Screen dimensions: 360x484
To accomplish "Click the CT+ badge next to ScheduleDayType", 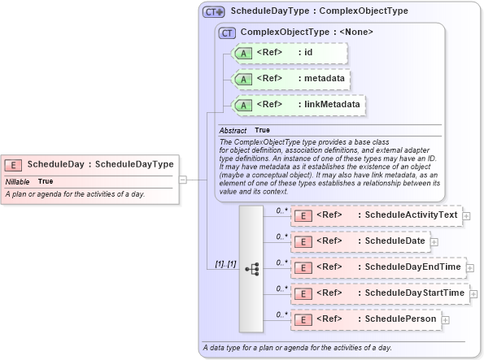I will [214, 12].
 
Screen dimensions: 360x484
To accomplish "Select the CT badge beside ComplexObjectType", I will [228, 33].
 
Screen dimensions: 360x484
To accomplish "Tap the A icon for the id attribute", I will [242, 54].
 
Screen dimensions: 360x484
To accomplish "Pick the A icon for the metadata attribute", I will [242, 80].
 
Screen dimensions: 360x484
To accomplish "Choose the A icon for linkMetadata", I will [242, 105].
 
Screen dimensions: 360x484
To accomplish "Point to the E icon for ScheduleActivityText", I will [303, 216].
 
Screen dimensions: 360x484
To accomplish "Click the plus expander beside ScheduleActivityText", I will [466, 216].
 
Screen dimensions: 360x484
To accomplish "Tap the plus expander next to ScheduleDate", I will [434, 241].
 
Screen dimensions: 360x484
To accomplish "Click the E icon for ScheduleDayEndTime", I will [303, 267].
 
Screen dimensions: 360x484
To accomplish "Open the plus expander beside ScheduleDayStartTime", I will [473, 293].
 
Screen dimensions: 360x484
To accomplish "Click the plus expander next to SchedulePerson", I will [445, 319].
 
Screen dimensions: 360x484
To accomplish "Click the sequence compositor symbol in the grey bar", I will [251, 267].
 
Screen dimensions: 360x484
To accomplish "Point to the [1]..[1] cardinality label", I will [225, 264].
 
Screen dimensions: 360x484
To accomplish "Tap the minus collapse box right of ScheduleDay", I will [183, 180].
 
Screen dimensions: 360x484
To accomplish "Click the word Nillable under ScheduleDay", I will [18, 181].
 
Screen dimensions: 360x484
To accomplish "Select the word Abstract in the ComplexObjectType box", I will [233, 130].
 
